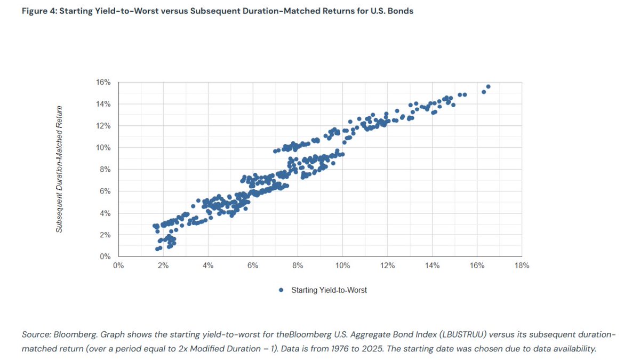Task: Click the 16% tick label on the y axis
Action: [103, 82]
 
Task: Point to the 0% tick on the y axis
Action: [105, 257]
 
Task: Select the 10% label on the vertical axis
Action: [103, 148]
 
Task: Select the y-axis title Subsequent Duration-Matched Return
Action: [60, 169]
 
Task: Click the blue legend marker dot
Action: [281, 290]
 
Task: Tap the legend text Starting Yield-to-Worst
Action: [329, 290]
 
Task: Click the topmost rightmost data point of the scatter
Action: [488, 86]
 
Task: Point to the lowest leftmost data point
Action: [157, 249]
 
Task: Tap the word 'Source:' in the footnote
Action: [37, 334]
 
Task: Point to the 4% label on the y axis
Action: [105, 213]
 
